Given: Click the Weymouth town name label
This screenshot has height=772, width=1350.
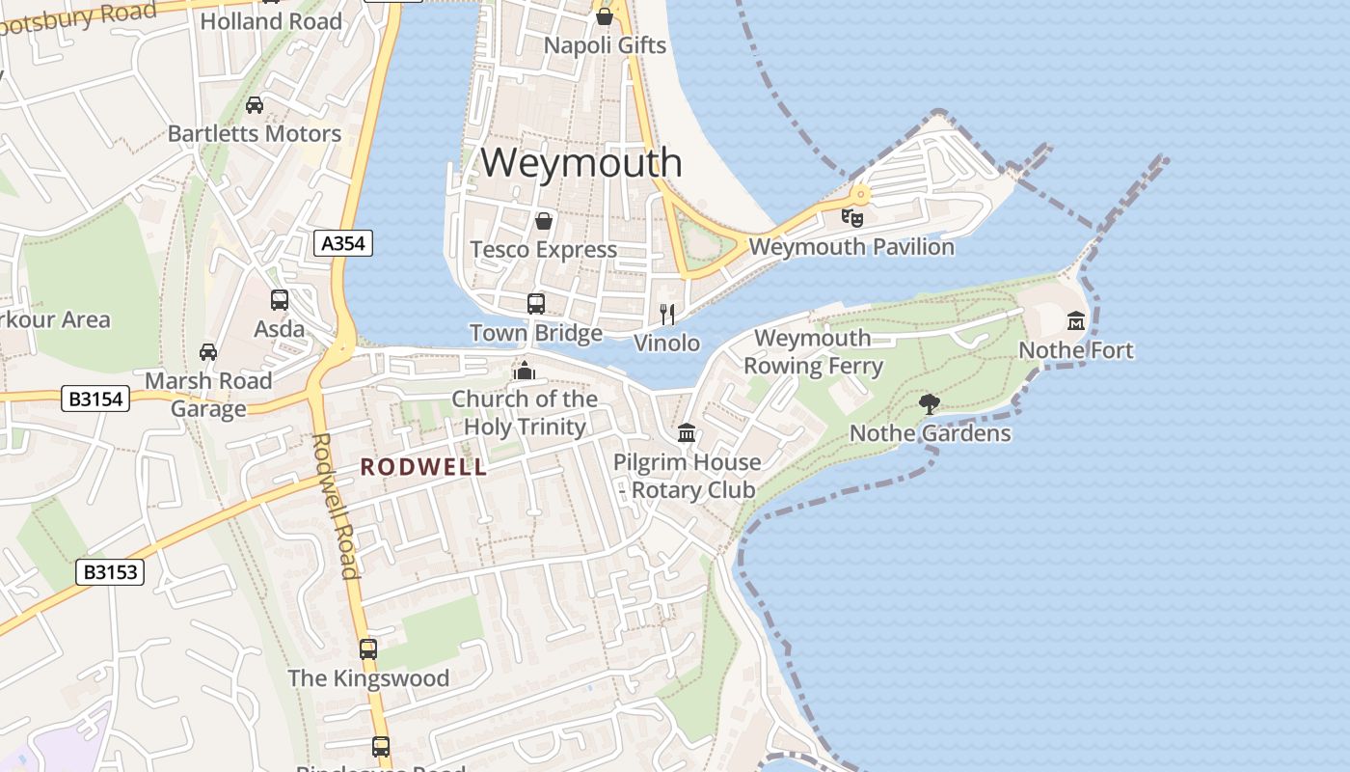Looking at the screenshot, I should [x=581, y=162].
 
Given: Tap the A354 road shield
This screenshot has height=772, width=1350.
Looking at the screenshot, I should [x=343, y=243].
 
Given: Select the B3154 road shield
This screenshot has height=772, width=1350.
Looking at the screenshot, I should [x=95, y=398].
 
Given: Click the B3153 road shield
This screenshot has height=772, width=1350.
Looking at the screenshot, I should [x=110, y=572].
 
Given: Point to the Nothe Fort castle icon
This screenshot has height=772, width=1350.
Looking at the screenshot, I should [x=1076, y=320].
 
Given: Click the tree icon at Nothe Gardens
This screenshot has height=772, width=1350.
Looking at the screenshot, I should [x=930, y=403].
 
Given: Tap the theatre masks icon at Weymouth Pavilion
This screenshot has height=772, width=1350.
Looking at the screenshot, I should [x=851, y=217].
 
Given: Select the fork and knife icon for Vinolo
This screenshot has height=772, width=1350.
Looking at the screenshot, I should [x=666, y=314].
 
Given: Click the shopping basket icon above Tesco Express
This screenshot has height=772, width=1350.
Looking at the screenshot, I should [x=544, y=221].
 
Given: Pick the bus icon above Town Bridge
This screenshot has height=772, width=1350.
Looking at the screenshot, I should [x=536, y=304].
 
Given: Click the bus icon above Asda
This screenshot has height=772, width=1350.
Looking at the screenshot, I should [x=280, y=300].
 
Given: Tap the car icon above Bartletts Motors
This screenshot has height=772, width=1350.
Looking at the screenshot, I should [x=255, y=104].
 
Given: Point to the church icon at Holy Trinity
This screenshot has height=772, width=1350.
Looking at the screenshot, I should [x=525, y=370].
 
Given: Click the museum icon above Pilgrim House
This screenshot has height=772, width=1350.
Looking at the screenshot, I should [x=687, y=432].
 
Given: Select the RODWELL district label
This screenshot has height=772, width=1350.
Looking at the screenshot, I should [x=423, y=467].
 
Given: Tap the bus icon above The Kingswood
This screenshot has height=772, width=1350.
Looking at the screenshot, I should [x=368, y=648].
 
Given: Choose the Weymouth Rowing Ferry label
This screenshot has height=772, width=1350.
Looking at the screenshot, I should [x=813, y=352].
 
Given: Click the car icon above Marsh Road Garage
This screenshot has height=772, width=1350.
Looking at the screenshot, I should [x=208, y=352].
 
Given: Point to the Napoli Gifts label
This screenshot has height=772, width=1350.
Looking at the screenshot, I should [x=605, y=45].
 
